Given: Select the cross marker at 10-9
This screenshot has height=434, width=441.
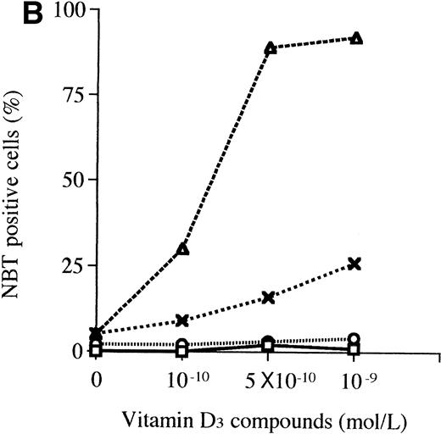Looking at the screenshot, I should pos(355,264).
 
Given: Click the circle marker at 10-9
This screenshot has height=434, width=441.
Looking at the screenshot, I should pos(355,338).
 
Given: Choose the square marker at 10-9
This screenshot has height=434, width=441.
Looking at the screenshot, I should pos(355,349).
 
